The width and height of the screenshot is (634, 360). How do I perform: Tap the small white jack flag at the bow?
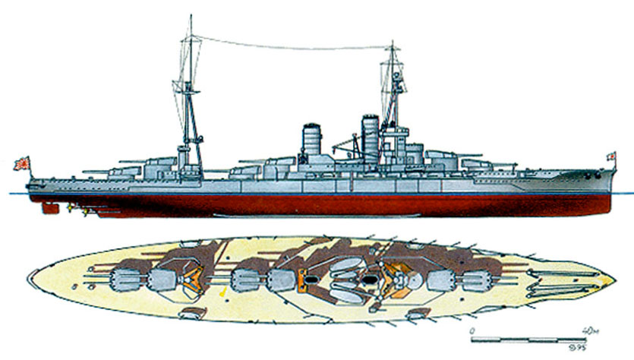point(610,157)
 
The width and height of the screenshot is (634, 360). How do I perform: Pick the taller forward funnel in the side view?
point(369,134)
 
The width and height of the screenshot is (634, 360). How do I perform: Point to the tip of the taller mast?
point(190,17)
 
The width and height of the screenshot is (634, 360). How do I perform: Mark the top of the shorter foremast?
point(392,44)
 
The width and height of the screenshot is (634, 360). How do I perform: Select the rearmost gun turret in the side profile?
point(121,172)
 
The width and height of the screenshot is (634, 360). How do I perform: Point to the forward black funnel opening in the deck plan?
point(370,279)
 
